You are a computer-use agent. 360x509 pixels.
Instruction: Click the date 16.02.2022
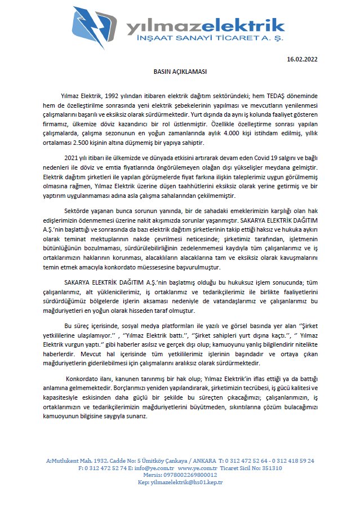click(302, 59)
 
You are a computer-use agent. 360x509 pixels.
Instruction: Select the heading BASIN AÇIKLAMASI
click(180, 72)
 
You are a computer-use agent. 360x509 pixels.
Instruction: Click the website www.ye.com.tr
click(197, 468)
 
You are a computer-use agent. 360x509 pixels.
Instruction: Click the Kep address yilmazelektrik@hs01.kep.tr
click(186, 482)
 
